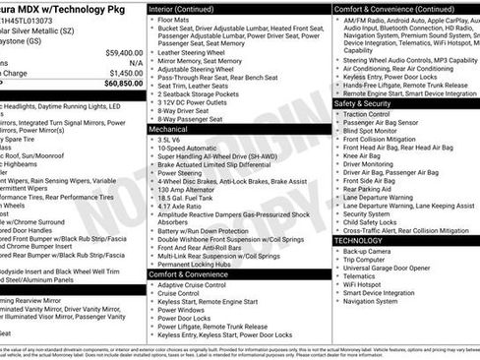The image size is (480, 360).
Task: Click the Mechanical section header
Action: (170, 128)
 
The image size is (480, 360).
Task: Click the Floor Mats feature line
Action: (175, 18)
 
